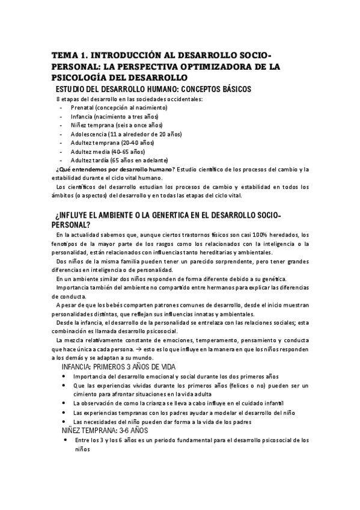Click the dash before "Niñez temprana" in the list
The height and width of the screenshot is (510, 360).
click(63, 125)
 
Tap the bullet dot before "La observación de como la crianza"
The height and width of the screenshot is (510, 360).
click(65, 404)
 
